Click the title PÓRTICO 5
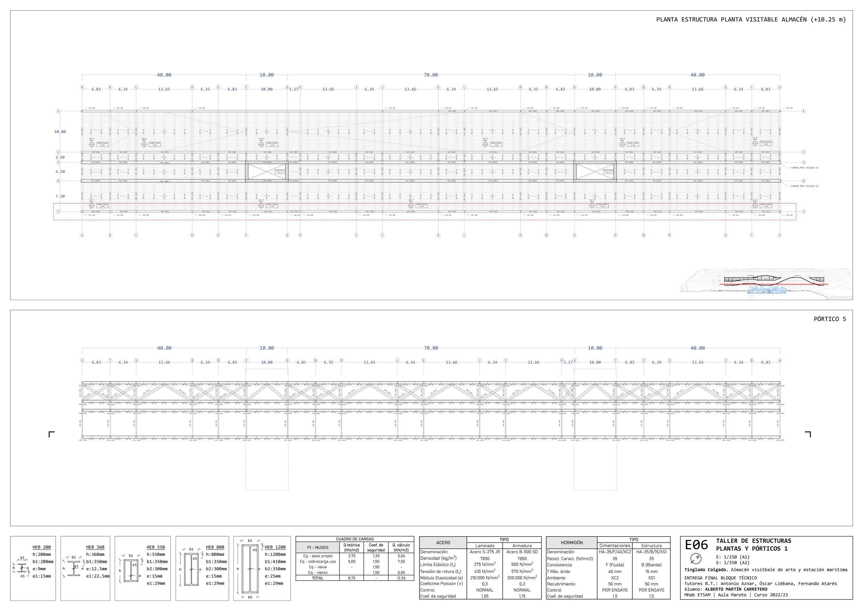point(830,319)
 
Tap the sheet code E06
point(696,545)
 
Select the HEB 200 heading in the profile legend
point(41,547)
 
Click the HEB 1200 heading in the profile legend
point(275,547)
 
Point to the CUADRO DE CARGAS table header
point(354,539)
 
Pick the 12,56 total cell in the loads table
point(401,578)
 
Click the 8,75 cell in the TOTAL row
point(351,578)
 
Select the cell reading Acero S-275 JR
point(485,552)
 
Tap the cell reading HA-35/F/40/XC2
point(615,552)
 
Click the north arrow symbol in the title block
point(696,559)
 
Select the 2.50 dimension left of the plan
point(60,158)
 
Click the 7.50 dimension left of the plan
point(60,196)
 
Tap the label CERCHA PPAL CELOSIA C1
point(804,168)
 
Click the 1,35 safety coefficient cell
point(376,556)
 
